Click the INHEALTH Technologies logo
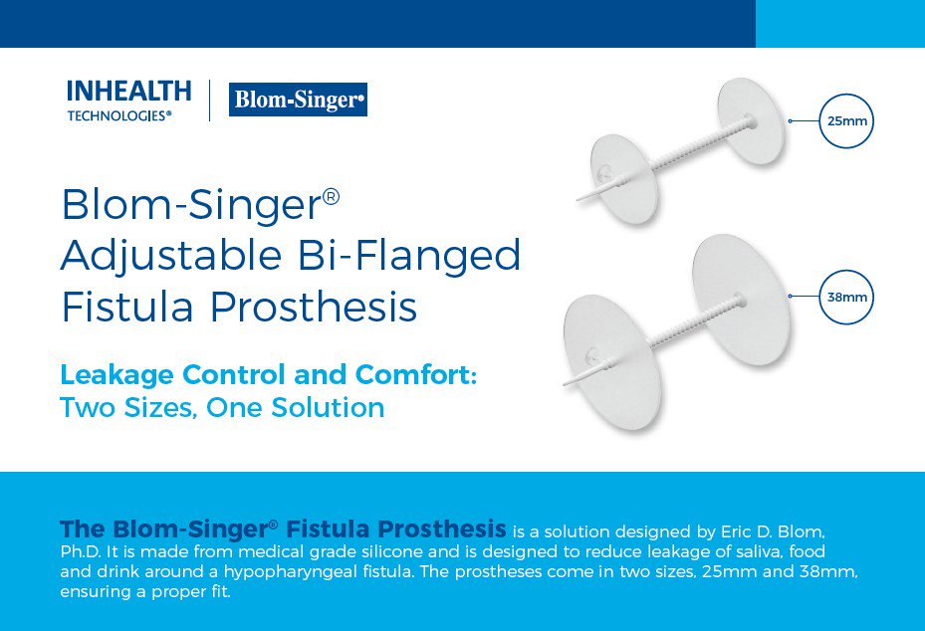(128, 101)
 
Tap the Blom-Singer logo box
(298, 100)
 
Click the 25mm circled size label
(845, 121)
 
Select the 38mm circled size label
(845, 297)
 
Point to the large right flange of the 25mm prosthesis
(751, 121)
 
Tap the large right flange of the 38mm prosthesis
(742, 299)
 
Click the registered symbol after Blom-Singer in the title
(332, 196)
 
